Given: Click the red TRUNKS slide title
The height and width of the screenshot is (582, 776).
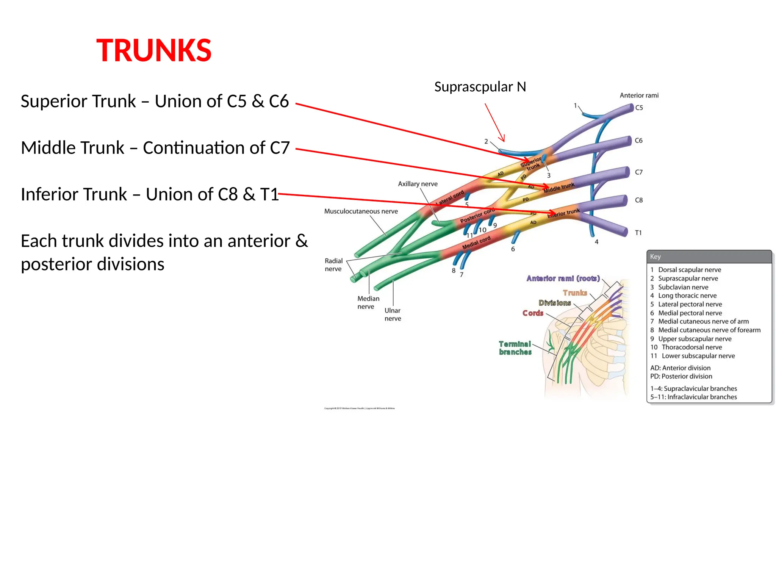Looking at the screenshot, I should pyautogui.click(x=154, y=50).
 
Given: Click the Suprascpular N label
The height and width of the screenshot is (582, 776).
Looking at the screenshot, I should pyautogui.click(x=480, y=87).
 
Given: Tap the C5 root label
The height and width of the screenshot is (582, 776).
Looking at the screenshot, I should pyautogui.click(x=639, y=108).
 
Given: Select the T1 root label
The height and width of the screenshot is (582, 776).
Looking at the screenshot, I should pyautogui.click(x=638, y=233).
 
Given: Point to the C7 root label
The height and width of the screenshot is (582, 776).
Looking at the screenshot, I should pyautogui.click(x=639, y=172).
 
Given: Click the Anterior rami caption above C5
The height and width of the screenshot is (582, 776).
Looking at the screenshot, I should pyautogui.click(x=639, y=95).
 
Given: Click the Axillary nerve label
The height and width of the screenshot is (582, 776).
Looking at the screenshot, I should pyautogui.click(x=418, y=184).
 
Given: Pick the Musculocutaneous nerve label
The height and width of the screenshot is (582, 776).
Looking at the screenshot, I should pyautogui.click(x=361, y=211).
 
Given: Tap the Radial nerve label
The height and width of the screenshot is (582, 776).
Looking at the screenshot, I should pyautogui.click(x=333, y=265).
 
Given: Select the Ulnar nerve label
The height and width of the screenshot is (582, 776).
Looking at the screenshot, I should pyautogui.click(x=393, y=314).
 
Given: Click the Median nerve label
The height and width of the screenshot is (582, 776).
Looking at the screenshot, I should pyautogui.click(x=368, y=302).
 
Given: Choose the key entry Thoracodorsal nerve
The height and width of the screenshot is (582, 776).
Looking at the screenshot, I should pyautogui.click(x=692, y=347).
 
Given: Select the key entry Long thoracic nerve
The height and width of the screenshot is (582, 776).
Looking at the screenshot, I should pyautogui.click(x=687, y=296).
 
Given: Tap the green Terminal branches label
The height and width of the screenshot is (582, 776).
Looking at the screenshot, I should pyautogui.click(x=515, y=348).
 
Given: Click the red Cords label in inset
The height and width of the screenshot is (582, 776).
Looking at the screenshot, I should pyautogui.click(x=533, y=313).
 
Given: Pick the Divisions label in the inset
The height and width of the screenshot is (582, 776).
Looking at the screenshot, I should pyautogui.click(x=555, y=303).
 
